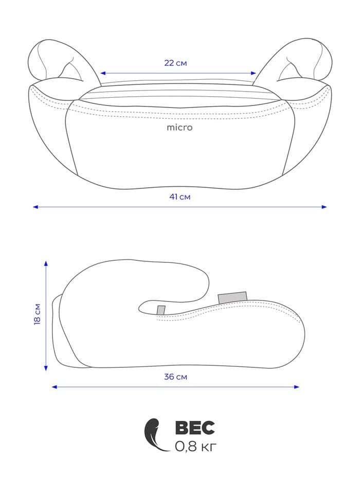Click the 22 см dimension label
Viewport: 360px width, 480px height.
[x=175, y=63]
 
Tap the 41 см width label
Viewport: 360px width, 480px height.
[x=180, y=197]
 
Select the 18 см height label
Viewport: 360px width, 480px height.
[x=38, y=314]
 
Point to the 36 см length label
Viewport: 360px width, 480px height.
[x=175, y=377]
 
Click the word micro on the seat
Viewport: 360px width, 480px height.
[x=179, y=128]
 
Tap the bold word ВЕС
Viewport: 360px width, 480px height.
[x=195, y=428]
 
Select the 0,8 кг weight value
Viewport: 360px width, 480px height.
[x=195, y=447]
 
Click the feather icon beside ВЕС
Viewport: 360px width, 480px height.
[x=155, y=435]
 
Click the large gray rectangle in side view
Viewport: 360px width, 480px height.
[x=232, y=298]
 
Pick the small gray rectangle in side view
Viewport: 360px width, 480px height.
[x=161, y=310]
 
